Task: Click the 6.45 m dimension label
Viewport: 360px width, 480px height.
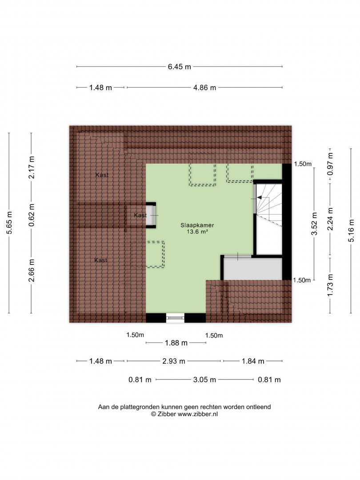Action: pyautogui.click(x=180, y=66)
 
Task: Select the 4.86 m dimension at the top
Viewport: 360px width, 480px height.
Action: pyautogui.click(x=204, y=88)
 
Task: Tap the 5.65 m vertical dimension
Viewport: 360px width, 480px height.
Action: pyautogui.click(x=9, y=223)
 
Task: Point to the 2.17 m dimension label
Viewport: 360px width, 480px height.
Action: pyautogui.click(x=32, y=167)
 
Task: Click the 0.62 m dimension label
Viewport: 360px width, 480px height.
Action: pyautogui.click(x=32, y=215)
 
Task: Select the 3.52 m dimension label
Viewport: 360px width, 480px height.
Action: pyautogui.click(x=314, y=224)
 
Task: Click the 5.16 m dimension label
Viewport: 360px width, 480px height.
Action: pyautogui.click(x=351, y=231)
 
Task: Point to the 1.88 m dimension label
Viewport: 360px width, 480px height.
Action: pyautogui.click(x=176, y=343)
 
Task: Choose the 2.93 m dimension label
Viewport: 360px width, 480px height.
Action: pyautogui.click(x=174, y=361)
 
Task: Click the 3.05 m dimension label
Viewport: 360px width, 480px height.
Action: pyautogui.click(x=204, y=380)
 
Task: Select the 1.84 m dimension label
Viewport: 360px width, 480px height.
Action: pyautogui.click(x=253, y=361)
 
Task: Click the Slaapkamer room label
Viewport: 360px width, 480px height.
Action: pyautogui.click(x=197, y=225)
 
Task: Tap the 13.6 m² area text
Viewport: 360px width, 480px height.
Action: pyautogui.click(x=197, y=232)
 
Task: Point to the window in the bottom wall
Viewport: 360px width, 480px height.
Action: pyautogui.click(x=176, y=318)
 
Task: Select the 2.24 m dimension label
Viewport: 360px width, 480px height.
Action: pyautogui.click(x=330, y=219)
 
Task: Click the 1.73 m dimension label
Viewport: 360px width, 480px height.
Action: pyautogui.click(x=330, y=285)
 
